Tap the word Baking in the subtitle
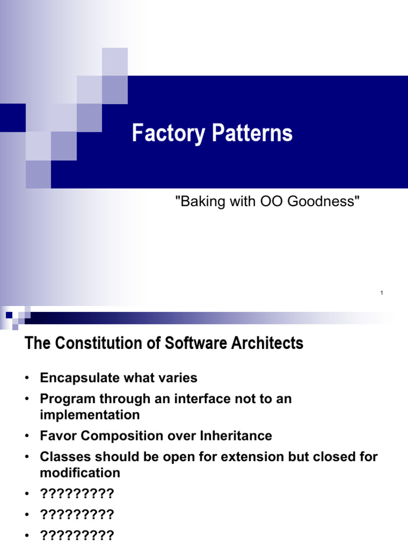195,202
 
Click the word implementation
90,414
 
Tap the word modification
80,472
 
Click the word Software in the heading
181,344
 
